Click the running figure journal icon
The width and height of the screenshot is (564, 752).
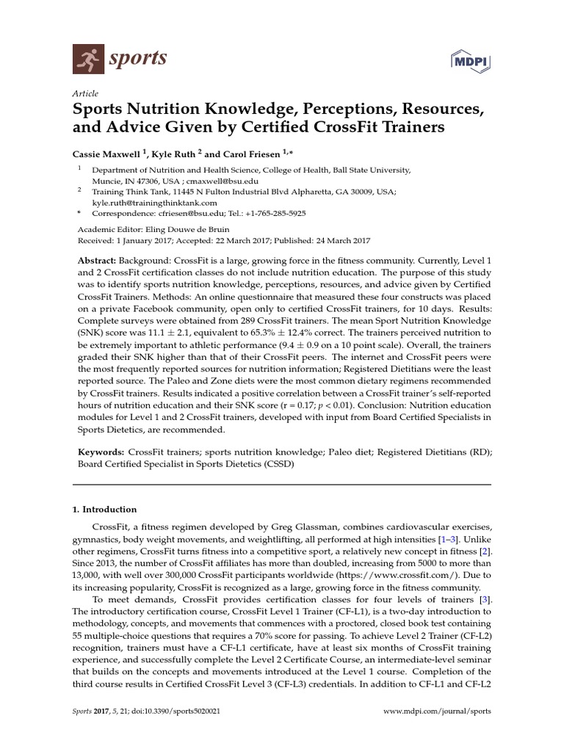(x=87, y=57)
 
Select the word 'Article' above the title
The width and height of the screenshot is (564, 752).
(x=85, y=95)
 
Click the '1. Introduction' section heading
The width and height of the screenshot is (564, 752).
(x=104, y=509)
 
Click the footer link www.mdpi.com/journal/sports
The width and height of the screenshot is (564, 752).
(x=437, y=712)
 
